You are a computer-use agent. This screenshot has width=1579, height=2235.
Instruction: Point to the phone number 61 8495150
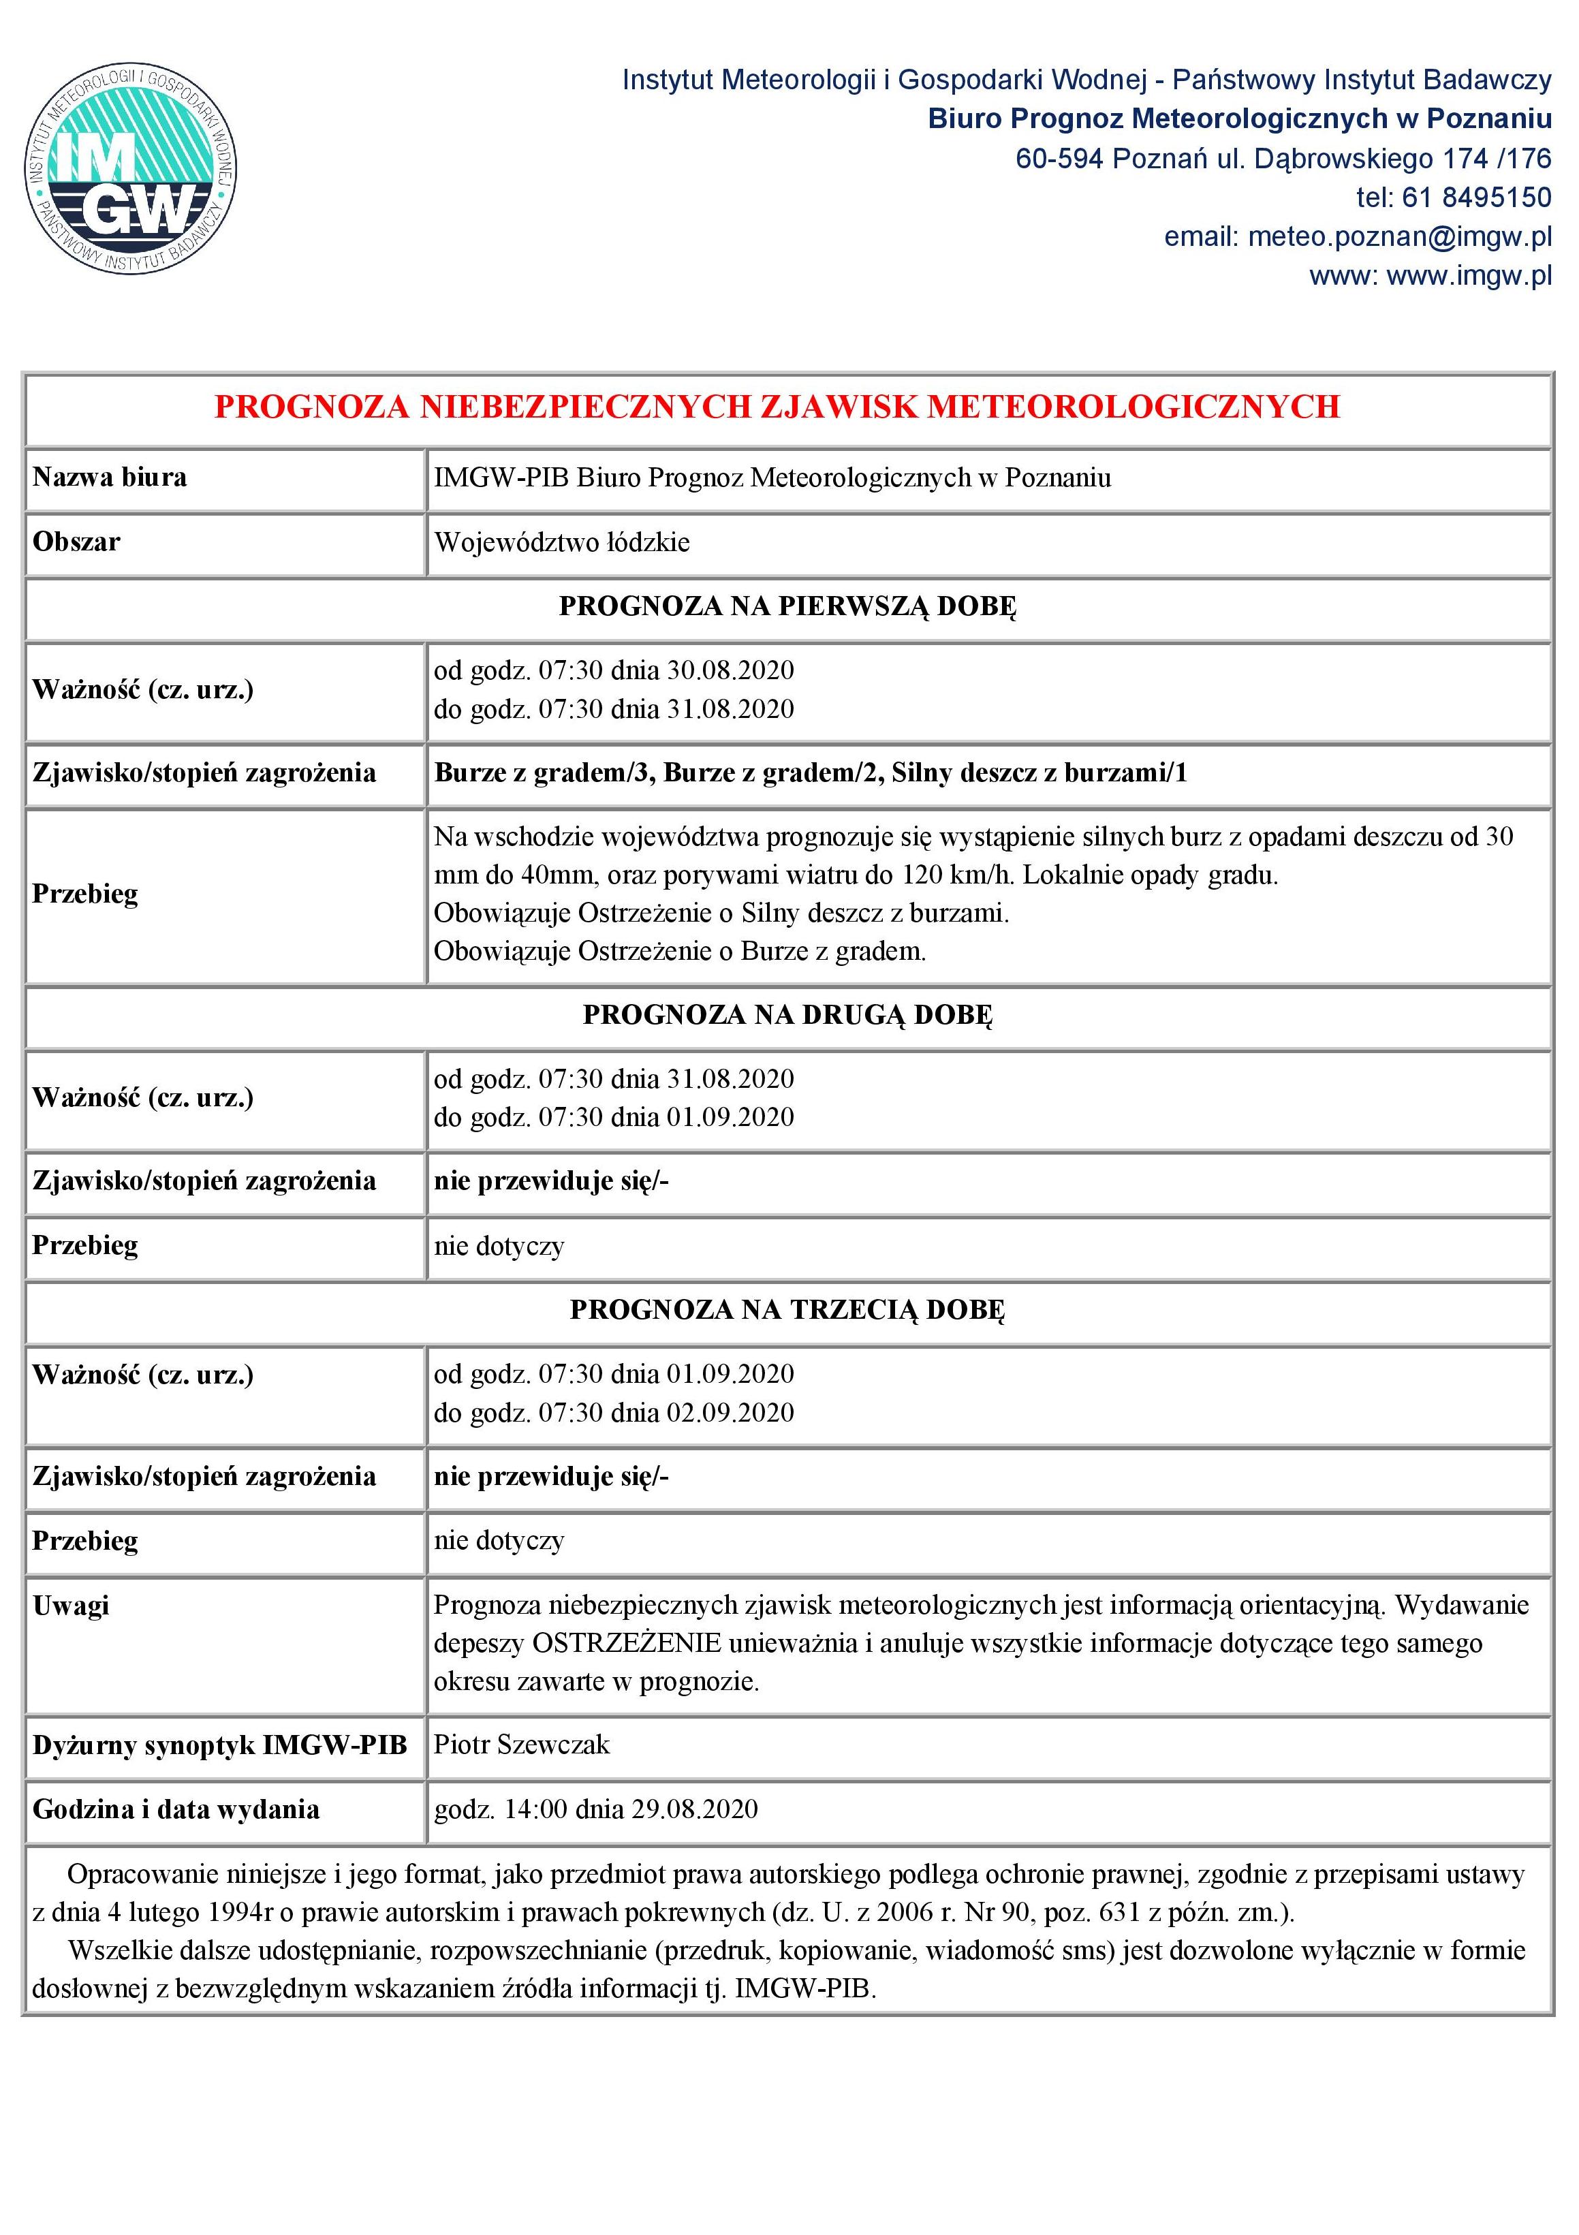tap(1476, 198)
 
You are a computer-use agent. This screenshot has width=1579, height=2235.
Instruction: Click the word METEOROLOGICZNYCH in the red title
tap(1133, 407)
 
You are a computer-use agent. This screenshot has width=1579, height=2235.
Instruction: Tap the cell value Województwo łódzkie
tap(562, 542)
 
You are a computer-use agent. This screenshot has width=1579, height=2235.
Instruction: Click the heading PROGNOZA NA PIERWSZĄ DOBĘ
tap(787, 606)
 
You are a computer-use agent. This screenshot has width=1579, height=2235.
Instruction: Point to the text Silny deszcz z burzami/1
tap(1039, 773)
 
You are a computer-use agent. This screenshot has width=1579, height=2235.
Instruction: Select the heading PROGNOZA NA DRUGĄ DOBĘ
tap(787, 1015)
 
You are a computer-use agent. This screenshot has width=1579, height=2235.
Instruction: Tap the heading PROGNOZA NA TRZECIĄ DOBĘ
tap(787, 1310)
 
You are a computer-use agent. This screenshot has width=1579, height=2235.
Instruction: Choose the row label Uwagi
tap(71, 1605)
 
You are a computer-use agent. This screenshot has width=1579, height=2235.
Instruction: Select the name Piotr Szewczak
tap(522, 1745)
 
